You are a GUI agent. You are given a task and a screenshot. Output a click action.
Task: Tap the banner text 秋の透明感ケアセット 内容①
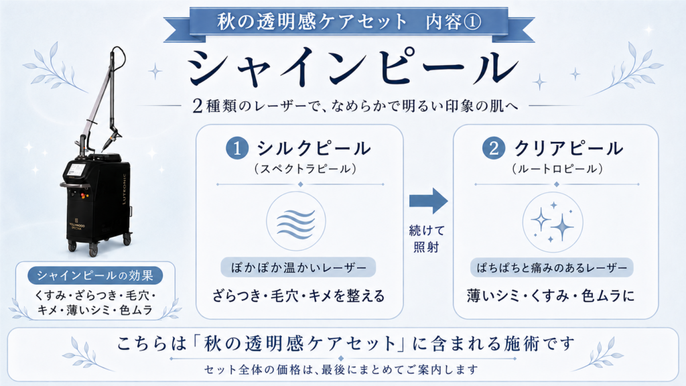(x=348, y=22)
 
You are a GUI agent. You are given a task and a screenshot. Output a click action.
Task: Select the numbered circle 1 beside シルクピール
(x=237, y=148)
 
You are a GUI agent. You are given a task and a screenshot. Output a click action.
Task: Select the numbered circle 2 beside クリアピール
(x=494, y=148)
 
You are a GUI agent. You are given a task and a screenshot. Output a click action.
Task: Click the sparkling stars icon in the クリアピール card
(x=553, y=222)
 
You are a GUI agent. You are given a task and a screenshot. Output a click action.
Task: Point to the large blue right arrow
(x=428, y=201)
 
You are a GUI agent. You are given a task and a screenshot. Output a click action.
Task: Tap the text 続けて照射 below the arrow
(x=427, y=239)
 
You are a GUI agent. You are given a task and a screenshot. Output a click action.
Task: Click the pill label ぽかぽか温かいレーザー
(x=298, y=267)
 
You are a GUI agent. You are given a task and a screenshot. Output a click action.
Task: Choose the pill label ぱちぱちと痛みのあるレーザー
(x=552, y=267)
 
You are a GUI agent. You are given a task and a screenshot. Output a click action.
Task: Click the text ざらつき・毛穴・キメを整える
(x=298, y=296)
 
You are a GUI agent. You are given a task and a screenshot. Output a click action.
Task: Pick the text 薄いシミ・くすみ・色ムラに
(x=551, y=296)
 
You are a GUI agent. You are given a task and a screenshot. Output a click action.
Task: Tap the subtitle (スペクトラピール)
(x=305, y=169)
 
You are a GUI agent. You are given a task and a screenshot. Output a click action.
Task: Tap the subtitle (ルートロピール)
(x=557, y=169)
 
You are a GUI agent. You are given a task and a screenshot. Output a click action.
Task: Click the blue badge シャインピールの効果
(x=95, y=275)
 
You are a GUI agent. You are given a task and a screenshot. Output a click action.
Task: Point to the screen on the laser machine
(x=77, y=171)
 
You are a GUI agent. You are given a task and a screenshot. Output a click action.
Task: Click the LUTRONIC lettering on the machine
(x=124, y=189)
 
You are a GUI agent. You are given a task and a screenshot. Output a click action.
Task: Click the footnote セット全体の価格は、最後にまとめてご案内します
(x=341, y=370)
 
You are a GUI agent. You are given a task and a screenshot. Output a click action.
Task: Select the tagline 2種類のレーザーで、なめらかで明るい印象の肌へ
(x=355, y=105)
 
